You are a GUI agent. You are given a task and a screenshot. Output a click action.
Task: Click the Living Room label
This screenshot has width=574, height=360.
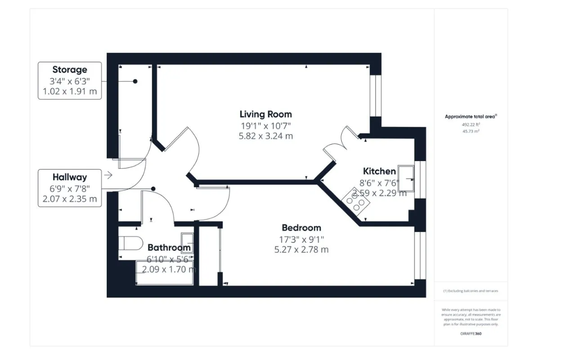(265, 114)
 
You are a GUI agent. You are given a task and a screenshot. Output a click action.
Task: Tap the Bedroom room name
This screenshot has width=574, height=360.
(301, 228)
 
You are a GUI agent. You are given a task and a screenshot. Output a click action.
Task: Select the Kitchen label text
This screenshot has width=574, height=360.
(379, 171)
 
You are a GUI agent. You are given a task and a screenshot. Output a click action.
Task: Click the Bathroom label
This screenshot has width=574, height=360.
(169, 247)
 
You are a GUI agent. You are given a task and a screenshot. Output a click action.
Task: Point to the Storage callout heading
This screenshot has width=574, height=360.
(70, 70)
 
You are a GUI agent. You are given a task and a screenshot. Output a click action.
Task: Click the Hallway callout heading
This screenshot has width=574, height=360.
(70, 177)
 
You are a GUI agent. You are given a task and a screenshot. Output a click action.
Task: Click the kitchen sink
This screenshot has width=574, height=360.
(406, 179)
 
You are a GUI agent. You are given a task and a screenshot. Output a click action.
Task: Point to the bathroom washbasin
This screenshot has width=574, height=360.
(187, 243)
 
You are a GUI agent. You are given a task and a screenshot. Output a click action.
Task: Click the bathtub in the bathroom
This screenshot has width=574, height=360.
(164, 273)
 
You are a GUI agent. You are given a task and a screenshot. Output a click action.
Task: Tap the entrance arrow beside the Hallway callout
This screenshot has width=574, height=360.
(108, 175)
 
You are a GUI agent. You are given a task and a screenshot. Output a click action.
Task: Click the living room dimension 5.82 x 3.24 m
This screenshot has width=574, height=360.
(265, 135)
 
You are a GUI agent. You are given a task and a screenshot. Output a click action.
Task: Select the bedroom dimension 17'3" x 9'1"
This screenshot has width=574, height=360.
(301, 239)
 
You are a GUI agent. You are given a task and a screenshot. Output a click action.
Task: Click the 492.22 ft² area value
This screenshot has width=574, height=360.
(471, 125)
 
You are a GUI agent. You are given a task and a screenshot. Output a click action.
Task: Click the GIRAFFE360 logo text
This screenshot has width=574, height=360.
(471, 334)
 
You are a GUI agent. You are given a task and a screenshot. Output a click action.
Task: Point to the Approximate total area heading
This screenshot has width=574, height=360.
(471, 117)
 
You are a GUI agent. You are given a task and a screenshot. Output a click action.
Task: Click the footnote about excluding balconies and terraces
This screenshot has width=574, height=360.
(471, 291)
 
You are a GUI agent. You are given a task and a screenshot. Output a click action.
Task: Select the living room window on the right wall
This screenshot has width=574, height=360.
(376, 95)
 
